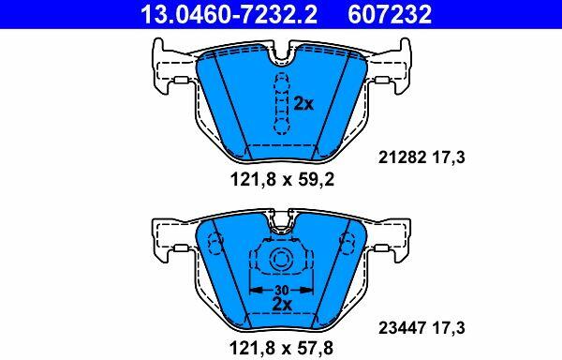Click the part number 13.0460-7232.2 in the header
coord(229,14)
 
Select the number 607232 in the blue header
coord(390,14)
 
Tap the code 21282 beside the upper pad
coord(403,157)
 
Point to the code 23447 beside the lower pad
coord(403,328)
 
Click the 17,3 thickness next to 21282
coord(450,157)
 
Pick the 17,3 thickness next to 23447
coord(450,328)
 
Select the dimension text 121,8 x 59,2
coord(282,179)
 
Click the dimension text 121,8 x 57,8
coord(281,348)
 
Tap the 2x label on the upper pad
coord(303,104)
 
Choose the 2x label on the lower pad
coord(282,305)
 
